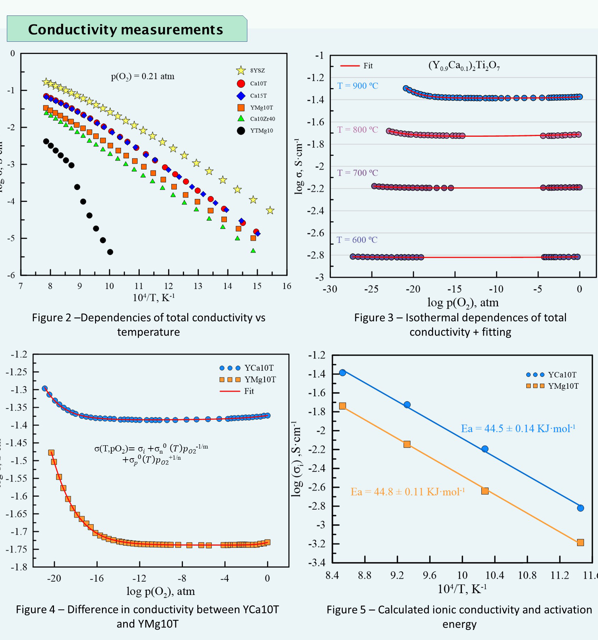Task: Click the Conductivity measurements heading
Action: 126,30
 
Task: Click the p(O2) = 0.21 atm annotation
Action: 143,76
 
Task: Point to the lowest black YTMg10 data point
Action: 110,252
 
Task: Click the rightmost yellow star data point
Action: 270,210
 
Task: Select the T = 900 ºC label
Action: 358,86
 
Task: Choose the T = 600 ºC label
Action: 357,240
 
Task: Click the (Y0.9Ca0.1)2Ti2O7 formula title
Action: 464,66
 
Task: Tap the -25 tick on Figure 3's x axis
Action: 371,289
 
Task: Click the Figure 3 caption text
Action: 460,325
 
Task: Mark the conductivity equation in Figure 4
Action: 151,454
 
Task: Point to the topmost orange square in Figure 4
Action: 51,453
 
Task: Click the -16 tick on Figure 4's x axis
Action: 96,578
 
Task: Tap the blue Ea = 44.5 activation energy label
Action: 518,428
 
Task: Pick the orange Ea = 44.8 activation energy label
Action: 408,492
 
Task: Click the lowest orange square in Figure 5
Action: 580,542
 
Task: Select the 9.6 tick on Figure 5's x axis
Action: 430,576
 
